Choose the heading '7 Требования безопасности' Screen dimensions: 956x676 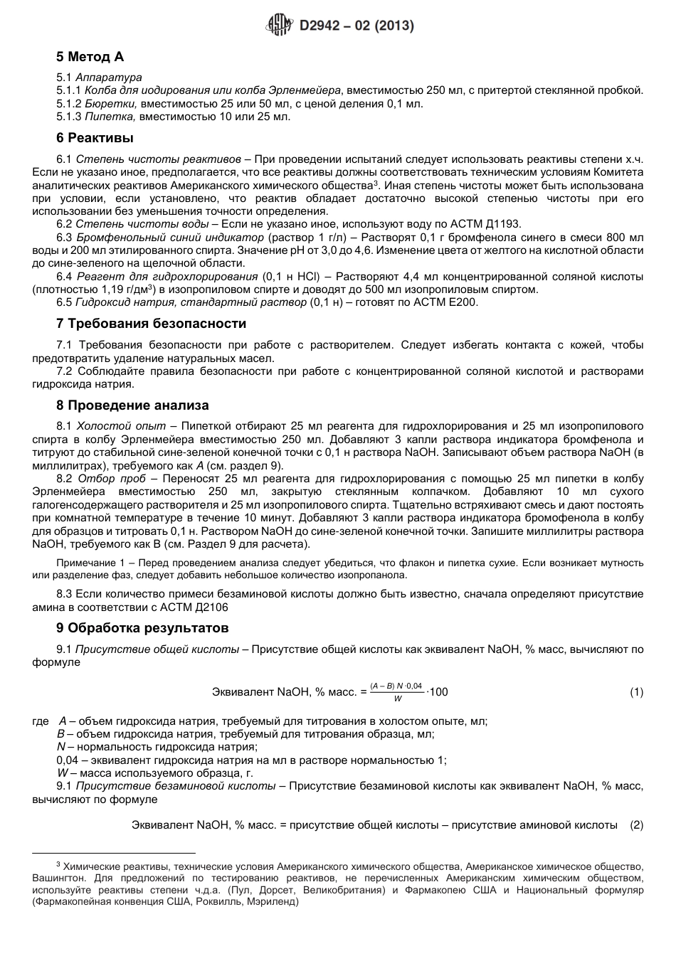pos(151,324)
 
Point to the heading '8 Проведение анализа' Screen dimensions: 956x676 pos(132,405)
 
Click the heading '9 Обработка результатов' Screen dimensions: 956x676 pos(142,628)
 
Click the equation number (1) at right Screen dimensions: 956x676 pos(636,692)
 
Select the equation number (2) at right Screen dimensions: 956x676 pos(636,825)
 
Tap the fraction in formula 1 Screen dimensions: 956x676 pos(396,692)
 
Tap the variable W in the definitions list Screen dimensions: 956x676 pos(62,772)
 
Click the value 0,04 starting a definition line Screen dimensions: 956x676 pos(67,760)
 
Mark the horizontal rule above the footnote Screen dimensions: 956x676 pos(114,851)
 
